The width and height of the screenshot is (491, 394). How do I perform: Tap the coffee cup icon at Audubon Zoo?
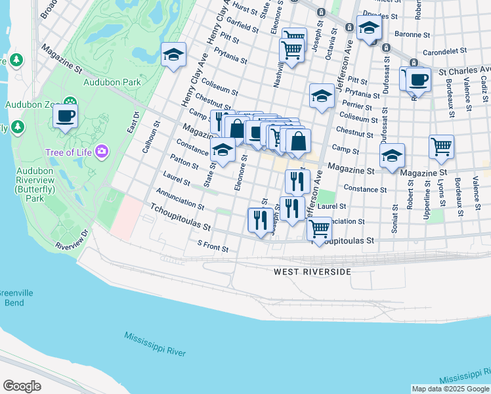click(x=66, y=116)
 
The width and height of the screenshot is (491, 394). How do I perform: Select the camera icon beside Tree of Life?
click(x=101, y=152)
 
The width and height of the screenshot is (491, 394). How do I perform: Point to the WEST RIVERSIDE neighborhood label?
click(x=312, y=271)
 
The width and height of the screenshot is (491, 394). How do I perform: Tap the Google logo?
click(x=22, y=385)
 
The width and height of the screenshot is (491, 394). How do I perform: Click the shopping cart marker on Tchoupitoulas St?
click(x=319, y=229)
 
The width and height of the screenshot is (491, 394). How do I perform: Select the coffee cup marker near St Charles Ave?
click(x=418, y=80)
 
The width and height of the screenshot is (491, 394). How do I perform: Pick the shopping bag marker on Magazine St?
click(x=298, y=141)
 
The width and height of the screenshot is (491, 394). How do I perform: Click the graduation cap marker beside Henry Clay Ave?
click(x=174, y=55)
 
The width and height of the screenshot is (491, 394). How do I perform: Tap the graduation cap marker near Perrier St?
click(x=322, y=96)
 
